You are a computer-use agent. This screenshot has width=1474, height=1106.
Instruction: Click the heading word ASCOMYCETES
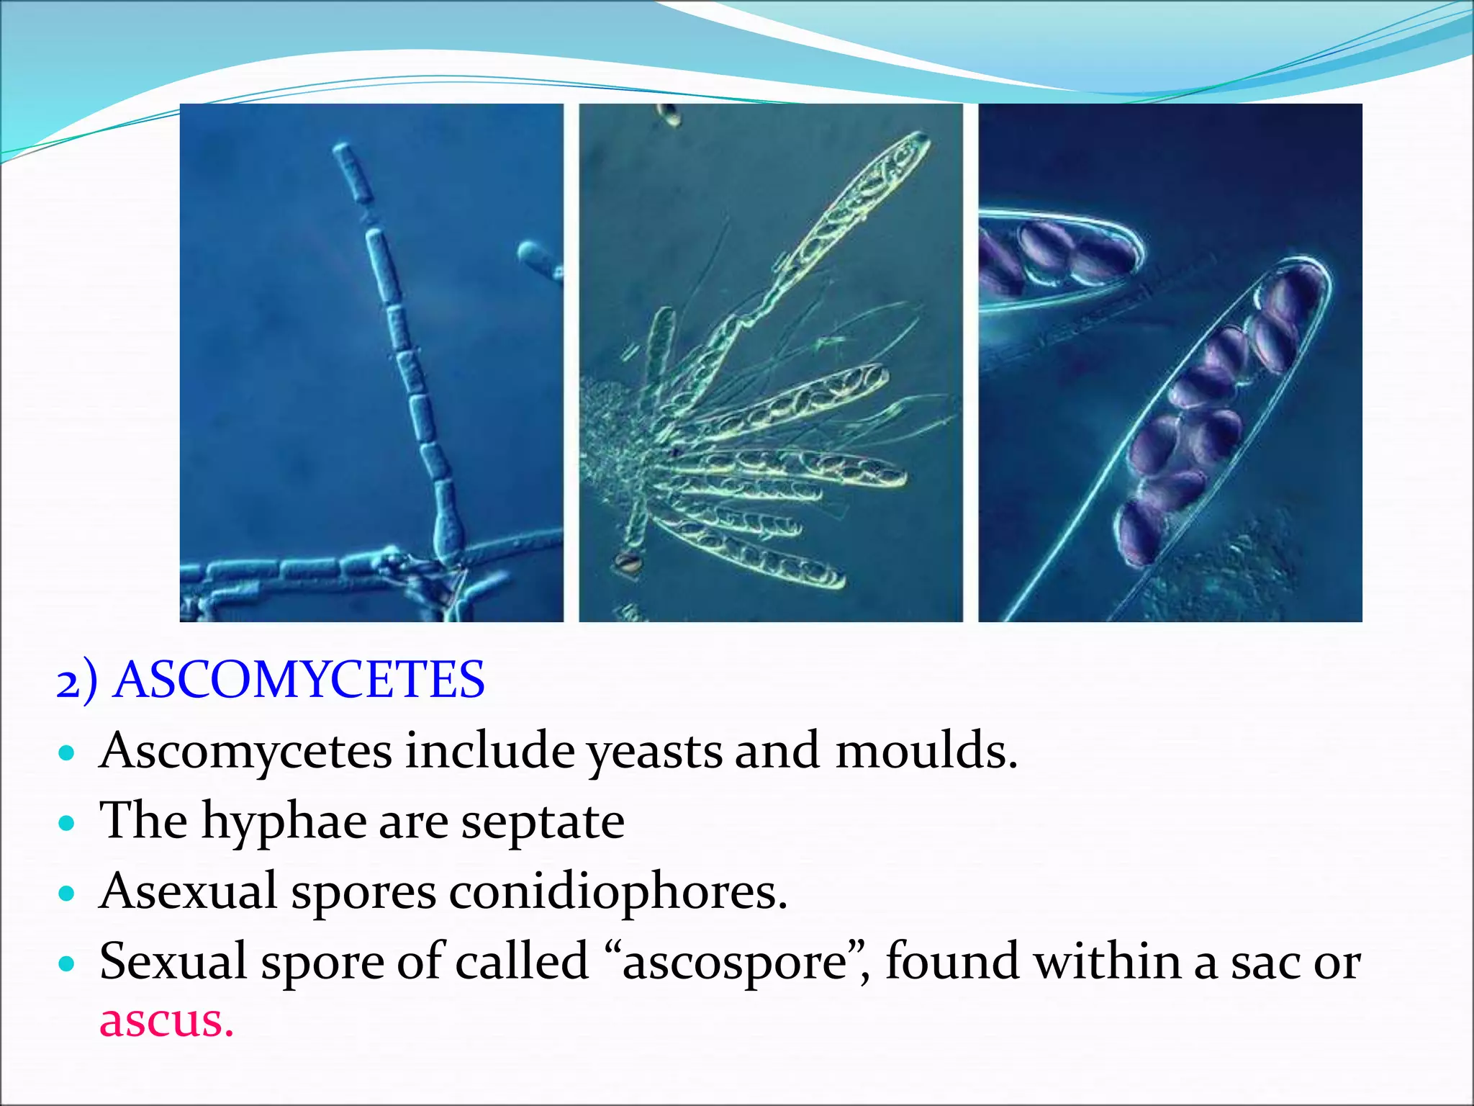[299, 680]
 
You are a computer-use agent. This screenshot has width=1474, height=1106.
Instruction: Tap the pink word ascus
[166, 1020]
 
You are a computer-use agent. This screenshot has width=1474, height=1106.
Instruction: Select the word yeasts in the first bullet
[654, 752]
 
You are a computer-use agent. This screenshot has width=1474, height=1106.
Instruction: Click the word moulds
[926, 750]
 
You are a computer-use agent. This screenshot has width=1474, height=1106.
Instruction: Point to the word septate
[542, 822]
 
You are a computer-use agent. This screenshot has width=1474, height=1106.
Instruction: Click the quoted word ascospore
[734, 962]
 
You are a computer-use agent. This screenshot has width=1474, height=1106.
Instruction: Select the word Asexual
[188, 891]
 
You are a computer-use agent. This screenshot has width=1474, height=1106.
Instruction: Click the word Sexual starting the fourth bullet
[173, 961]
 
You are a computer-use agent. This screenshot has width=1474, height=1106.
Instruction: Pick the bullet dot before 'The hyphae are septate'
[67, 823]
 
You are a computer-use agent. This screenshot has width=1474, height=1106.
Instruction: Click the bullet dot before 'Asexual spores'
[67, 894]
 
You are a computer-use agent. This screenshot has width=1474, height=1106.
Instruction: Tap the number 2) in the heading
[76, 681]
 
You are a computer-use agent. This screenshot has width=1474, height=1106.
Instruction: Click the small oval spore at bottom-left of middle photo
[628, 562]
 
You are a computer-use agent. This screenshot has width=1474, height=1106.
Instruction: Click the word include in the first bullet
[489, 750]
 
